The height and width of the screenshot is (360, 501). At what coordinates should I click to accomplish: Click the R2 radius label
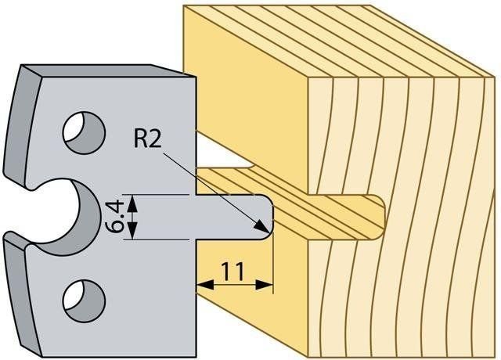[147, 139]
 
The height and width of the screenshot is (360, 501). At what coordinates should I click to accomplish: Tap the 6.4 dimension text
[114, 216]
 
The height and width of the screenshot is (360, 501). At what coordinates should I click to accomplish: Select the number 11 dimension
[232, 272]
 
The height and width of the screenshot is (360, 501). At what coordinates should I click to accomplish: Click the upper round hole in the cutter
[85, 132]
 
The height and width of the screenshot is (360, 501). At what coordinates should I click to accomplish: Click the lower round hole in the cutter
[85, 301]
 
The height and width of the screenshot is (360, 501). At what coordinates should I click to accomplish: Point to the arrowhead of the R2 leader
[262, 227]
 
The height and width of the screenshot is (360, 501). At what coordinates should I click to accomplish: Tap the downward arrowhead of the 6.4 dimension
[132, 230]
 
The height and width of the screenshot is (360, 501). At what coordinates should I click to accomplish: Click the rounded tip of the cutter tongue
[270, 217]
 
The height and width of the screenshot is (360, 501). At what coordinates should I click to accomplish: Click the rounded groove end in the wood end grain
[382, 217]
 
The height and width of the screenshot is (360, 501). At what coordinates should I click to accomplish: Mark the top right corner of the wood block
[494, 77]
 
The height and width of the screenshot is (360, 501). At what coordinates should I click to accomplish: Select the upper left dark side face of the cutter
[22, 126]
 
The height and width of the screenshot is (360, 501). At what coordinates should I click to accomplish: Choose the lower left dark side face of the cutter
[22, 294]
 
